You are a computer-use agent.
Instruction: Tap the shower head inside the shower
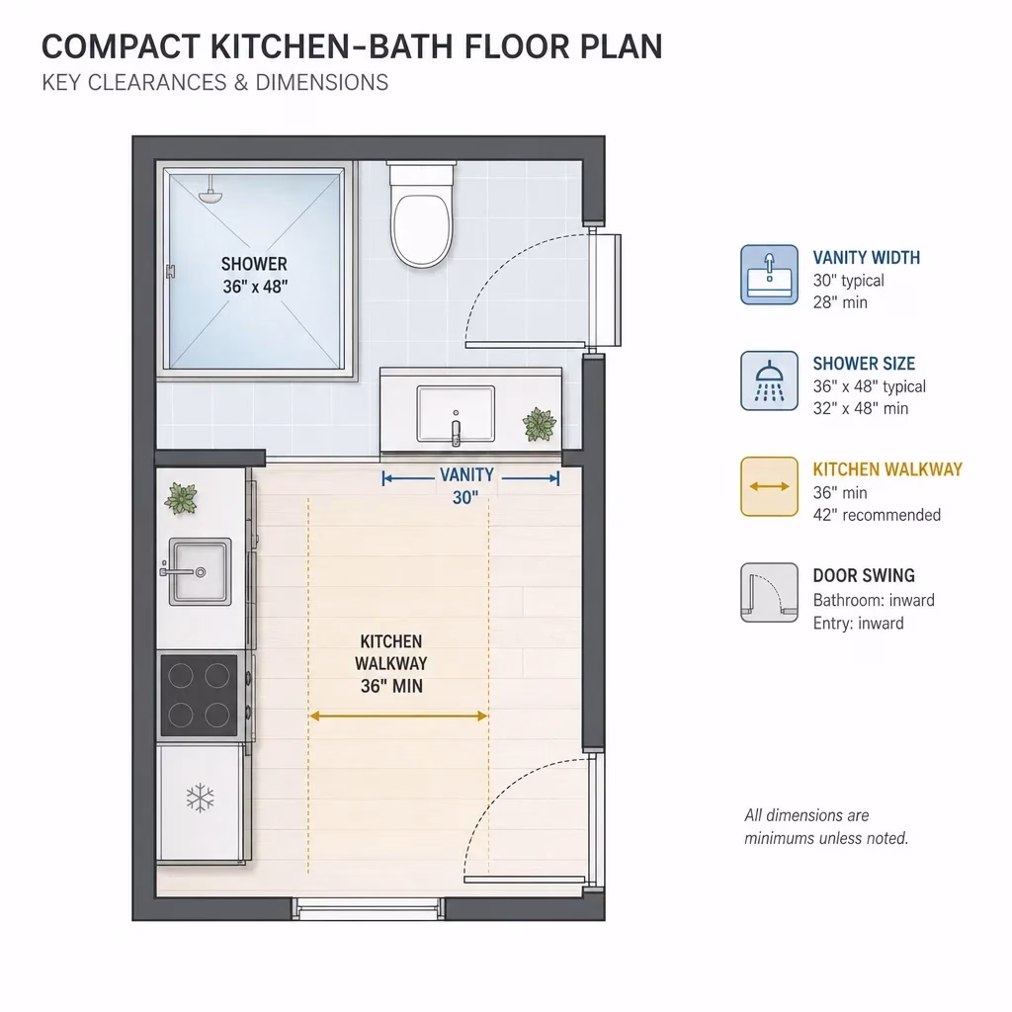point(210,194)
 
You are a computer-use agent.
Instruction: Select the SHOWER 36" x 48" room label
point(254,275)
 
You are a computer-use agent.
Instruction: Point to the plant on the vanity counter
point(539,424)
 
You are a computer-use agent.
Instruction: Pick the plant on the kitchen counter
point(181,498)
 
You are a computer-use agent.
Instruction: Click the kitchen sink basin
point(200,572)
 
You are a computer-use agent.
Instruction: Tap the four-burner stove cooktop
point(199,695)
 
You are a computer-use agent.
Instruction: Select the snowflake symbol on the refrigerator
point(200,798)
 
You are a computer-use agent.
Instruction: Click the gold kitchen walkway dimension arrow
point(398,716)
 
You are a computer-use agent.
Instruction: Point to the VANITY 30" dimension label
point(466,486)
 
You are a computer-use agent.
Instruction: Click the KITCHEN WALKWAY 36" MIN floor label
point(391,663)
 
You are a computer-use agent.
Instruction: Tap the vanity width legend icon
point(769,275)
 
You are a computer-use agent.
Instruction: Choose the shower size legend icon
point(769,380)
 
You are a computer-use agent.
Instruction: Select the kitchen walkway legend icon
point(769,486)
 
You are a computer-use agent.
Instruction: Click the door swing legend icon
point(769,593)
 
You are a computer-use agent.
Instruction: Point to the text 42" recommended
point(877,515)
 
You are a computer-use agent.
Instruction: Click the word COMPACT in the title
point(121,46)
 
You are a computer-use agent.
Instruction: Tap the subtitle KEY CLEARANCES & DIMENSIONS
point(214,83)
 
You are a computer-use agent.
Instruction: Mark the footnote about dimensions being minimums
point(826,827)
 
